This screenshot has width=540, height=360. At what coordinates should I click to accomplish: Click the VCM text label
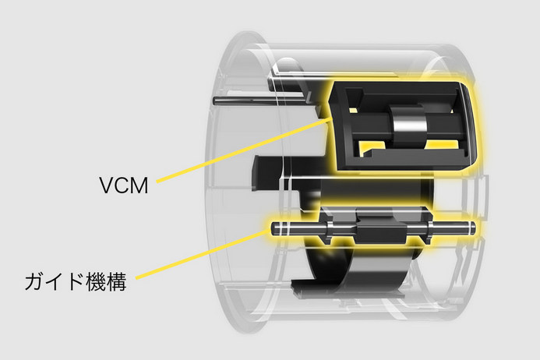click(124, 185)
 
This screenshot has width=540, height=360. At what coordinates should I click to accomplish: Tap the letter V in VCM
click(107, 185)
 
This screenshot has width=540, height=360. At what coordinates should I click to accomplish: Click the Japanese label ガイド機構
click(76, 282)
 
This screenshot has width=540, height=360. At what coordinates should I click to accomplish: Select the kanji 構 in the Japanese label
click(117, 282)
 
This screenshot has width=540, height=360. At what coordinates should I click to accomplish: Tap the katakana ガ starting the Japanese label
click(35, 282)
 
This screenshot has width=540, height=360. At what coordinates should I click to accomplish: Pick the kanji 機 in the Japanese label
click(96, 282)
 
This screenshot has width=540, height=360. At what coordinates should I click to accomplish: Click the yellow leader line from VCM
click(244, 150)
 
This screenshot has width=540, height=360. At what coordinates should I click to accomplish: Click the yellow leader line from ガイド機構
click(203, 254)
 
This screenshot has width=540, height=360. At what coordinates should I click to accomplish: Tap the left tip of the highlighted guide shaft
click(272, 228)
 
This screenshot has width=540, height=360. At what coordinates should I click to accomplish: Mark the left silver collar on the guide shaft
click(329, 229)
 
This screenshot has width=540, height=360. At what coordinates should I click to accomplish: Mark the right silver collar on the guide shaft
click(430, 228)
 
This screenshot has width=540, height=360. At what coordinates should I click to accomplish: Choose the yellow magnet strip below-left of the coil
click(374, 146)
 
